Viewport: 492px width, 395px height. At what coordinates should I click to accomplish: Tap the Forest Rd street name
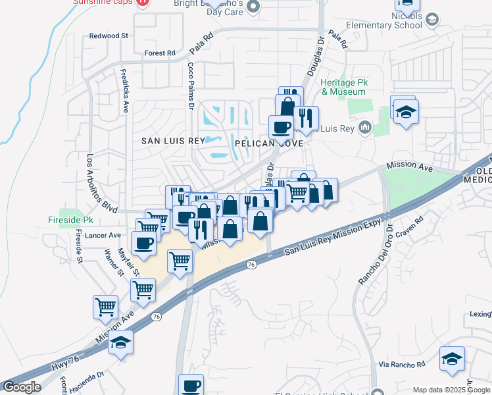pyautogui.click(x=160, y=53)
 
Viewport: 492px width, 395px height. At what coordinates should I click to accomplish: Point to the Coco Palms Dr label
pyautogui.click(x=191, y=86)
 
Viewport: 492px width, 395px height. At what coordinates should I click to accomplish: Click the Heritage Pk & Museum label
pyautogui.click(x=343, y=88)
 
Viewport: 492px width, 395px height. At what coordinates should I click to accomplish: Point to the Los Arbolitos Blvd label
pyautogui.click(x=102, y=182)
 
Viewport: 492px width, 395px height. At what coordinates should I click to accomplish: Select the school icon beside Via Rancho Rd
pyautogui.click(x=452, y=358)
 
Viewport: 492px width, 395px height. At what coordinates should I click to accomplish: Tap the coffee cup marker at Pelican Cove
pyautogui.click(x=282, y=126)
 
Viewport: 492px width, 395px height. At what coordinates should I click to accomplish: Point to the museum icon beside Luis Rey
pyautogui.click(x=365, y=128)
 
